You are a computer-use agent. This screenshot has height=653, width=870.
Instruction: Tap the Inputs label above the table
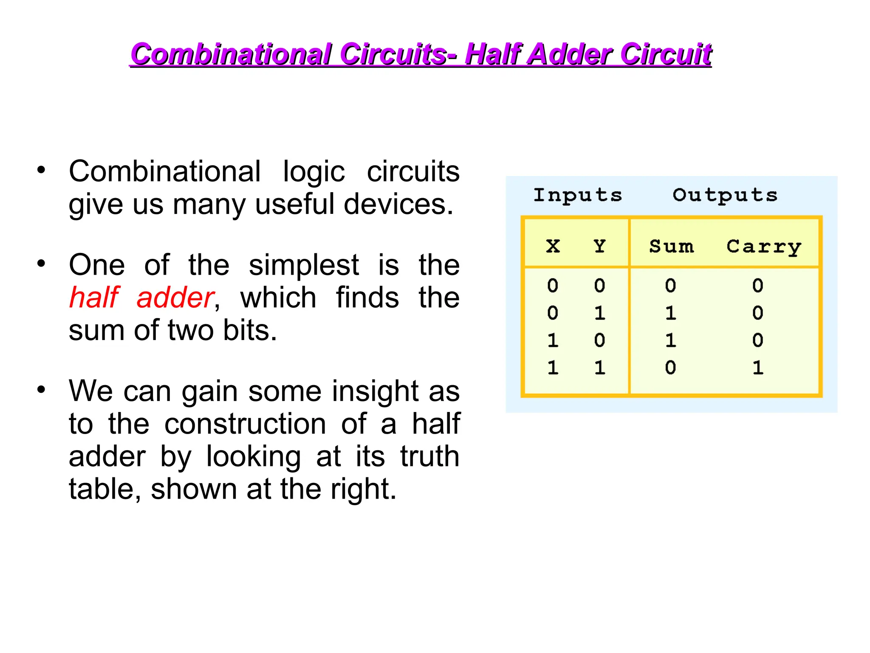click(578, 195)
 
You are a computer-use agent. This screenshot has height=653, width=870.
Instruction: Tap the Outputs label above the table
click(725, 195)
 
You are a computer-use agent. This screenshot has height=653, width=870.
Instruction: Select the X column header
click(553, 246)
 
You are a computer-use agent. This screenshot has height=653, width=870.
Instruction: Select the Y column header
click(599, 246)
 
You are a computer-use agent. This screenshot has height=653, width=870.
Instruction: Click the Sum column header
click(671, 247)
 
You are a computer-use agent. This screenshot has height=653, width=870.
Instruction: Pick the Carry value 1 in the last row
click(758, 368)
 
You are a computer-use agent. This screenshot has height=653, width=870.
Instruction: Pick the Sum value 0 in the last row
click(670, 368)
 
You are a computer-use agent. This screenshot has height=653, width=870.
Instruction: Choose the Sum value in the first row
click(670, 286)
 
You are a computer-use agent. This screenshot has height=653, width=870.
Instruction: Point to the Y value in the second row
click(599, 313)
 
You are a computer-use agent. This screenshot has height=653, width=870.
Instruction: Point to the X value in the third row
click(553, 341)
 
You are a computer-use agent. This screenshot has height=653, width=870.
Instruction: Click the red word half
click(94, 297)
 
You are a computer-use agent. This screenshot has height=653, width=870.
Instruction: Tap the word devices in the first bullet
click(398, 204)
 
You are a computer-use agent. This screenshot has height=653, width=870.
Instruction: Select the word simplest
click(304, 265)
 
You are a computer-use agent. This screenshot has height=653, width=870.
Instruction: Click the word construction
click(245, 424)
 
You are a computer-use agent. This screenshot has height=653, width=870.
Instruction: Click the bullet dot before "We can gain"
click(41, 389)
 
